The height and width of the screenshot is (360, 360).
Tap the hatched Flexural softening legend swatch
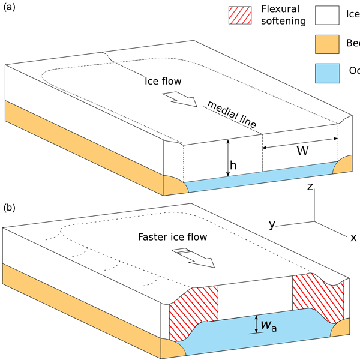[241, 16]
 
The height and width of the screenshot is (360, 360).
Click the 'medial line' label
[230, 115]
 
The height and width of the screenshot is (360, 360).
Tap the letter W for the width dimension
[302, 151]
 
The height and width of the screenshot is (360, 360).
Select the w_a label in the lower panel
[268, 326]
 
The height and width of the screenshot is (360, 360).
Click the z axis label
[311, 187]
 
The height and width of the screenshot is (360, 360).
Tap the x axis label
[353, 238]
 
